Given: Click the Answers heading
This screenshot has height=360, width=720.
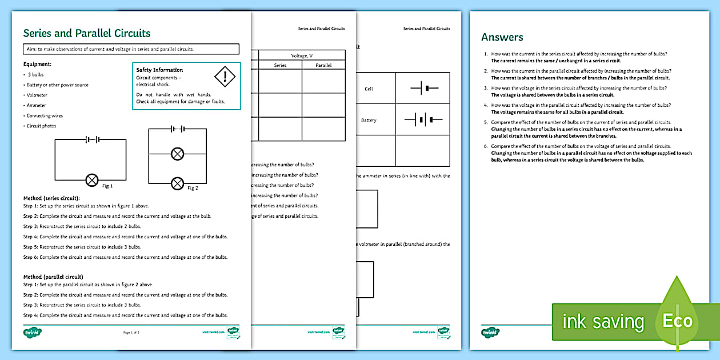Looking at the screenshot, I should (x=502, y=37).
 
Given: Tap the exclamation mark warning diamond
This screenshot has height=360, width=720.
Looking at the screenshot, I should (x=225, y=76).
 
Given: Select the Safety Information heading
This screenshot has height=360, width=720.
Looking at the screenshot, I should (x=159, y=70).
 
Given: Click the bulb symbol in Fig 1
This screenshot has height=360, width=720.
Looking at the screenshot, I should (x=91, y=179).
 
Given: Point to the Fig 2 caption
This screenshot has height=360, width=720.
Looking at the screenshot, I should (x=193, y=188).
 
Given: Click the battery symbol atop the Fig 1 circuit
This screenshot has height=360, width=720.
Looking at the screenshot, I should (x=91, y=139).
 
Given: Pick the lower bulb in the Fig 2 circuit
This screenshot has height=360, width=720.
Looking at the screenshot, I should (x=178, y=183).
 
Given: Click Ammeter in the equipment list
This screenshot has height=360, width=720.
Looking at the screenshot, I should (x=36, y=106).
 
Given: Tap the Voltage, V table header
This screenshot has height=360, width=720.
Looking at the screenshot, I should (x=302, y=55).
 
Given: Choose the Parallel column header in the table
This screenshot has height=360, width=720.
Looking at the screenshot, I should (x=323, y=66).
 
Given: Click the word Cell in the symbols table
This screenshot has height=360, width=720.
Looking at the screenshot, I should (x=369, y=89).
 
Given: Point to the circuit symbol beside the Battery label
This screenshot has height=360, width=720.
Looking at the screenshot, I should (x=423, y=120).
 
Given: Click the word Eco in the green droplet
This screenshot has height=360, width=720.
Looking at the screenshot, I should (x=677, y=321).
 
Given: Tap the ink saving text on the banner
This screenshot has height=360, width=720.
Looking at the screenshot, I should (x=603, y=322).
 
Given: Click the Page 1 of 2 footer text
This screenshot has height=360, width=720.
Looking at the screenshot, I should (x=131, y=332).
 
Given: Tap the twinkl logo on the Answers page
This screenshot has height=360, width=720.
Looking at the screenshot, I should (x=490, y=332).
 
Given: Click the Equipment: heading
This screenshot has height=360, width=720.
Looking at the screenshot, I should (x=37, y=65).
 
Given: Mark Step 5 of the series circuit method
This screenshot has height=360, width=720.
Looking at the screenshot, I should (x=82, y=247).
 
